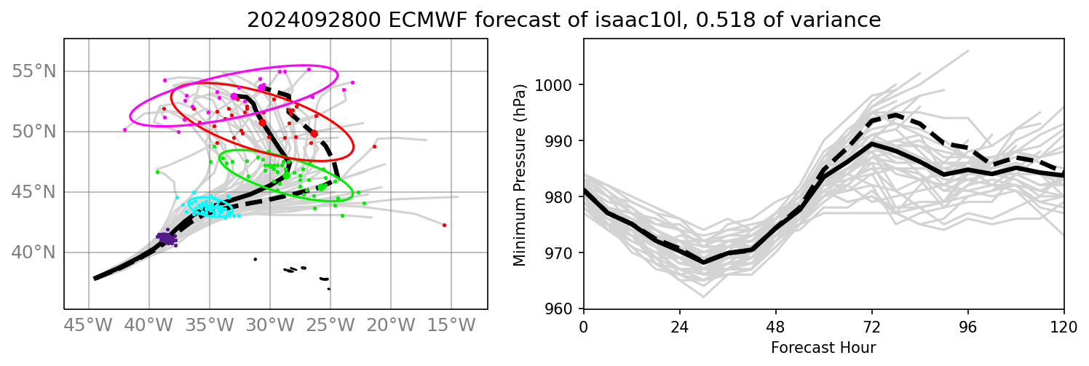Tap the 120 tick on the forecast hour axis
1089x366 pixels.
(1064, 325)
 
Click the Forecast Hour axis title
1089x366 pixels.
(823, 348)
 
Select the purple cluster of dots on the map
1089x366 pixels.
(167, 238)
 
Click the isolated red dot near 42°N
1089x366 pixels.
(444, 225)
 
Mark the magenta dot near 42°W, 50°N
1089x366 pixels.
(124, 130)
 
